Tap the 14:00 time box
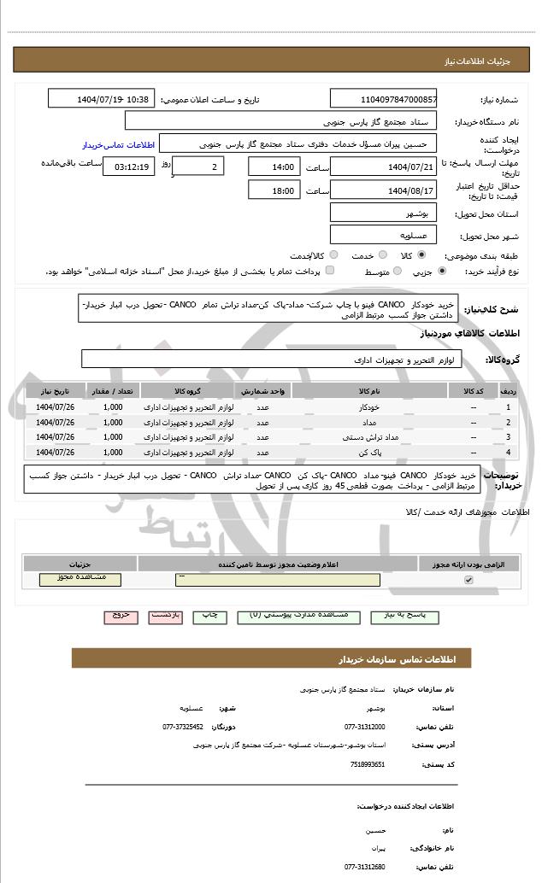(x=274, y=166)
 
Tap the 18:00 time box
(x=274, y=190)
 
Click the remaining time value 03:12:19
(x=129, y=166)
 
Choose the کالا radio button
(x=421, y=255)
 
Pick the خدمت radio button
(x=380, y=255)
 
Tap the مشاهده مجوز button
(x=80, y=579)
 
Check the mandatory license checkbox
(x=468, y=580)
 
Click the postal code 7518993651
(x=368, y=764)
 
